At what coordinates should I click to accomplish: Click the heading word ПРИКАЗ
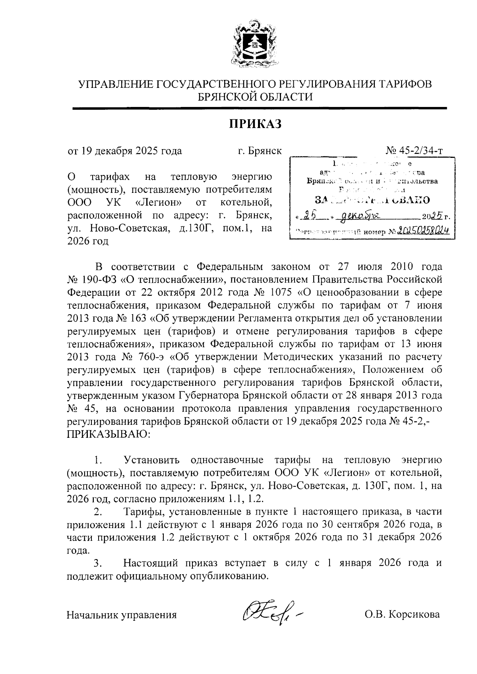[255, 124]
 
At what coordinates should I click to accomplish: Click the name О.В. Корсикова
[402, 614]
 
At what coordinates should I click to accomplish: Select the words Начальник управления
[121, 615]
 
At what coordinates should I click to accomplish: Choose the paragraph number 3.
[97, 563]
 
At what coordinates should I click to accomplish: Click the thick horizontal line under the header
[260, 108]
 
